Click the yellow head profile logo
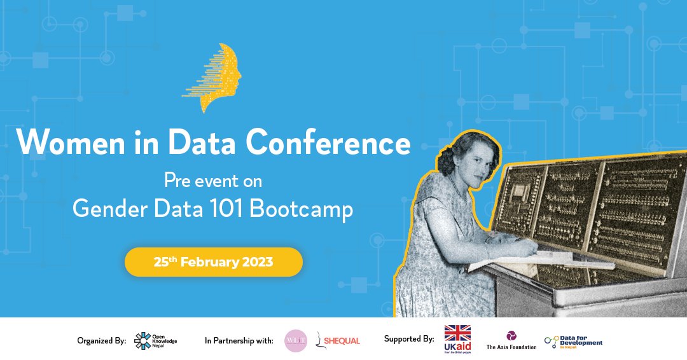coord(216,78)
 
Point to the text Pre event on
coord(213,181)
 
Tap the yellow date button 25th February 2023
coord(213,262)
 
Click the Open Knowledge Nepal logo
coord(155,341)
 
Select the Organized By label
coord(102,341)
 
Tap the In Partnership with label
coord(239,341)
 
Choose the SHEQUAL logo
coord(338,341)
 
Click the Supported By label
coord(409,339)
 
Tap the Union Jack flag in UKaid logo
coord(457,333)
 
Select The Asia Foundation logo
coord(511,340)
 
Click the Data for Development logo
coord(573,341)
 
